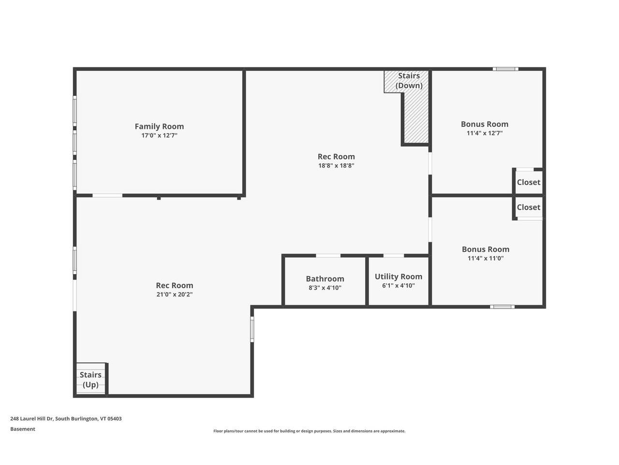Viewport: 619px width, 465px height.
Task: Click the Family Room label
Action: pos(159,126)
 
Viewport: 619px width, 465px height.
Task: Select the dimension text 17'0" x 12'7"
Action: pos(159,136)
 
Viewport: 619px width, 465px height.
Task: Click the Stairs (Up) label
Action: pos(90,380)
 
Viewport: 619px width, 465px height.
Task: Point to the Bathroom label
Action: pos(325,279)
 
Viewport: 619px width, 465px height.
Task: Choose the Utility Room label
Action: pos(398,277)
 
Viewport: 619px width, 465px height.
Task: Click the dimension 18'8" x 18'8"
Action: pos(336,166)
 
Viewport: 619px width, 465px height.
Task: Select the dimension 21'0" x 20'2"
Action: pos(174,294)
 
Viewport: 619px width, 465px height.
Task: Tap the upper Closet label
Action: pos(528,182)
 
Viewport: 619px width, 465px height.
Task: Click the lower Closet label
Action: pos(528,207)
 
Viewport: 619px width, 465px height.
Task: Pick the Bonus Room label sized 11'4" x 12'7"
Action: pos(484,124)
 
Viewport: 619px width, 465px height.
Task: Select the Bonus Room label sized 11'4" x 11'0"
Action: pos(485,249)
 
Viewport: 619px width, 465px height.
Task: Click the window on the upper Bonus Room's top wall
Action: pos(505,69)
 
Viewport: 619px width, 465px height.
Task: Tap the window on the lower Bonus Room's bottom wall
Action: pos(502,307)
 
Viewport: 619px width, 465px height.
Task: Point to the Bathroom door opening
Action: pos(328,256)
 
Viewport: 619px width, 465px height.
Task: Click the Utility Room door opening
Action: pos(394,256)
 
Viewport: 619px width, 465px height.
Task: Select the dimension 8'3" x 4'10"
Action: pos(325,288)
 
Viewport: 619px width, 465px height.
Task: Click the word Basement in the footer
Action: pos(23,429)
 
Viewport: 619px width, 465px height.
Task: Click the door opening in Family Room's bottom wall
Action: pos(107,195)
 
